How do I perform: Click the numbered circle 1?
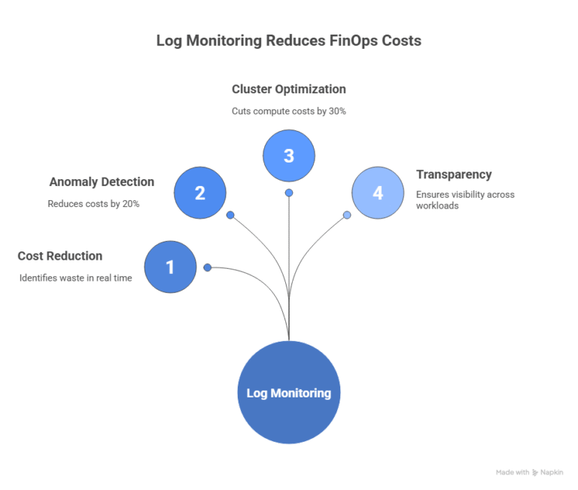(170, 266)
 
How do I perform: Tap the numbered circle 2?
(200, 193)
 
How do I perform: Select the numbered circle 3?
(289, 156)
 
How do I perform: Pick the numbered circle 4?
(378, 193)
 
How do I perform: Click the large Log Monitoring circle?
(289, 393)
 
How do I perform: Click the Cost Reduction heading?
(60, 256)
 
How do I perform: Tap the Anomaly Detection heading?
(102, 182)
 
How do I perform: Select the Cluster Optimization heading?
(289, 89)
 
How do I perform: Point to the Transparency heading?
(454, 175)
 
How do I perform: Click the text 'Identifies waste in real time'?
(75, 278)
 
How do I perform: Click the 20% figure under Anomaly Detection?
(131, 204)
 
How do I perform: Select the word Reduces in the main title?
(295, 41)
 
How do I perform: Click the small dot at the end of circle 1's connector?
(207, 267)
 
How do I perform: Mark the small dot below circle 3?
(289, 193)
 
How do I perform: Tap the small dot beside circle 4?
(347, 215)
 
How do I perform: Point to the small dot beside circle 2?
(230, 215)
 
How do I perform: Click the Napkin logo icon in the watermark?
(535, 473)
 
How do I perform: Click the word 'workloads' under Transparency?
(437, 205)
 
